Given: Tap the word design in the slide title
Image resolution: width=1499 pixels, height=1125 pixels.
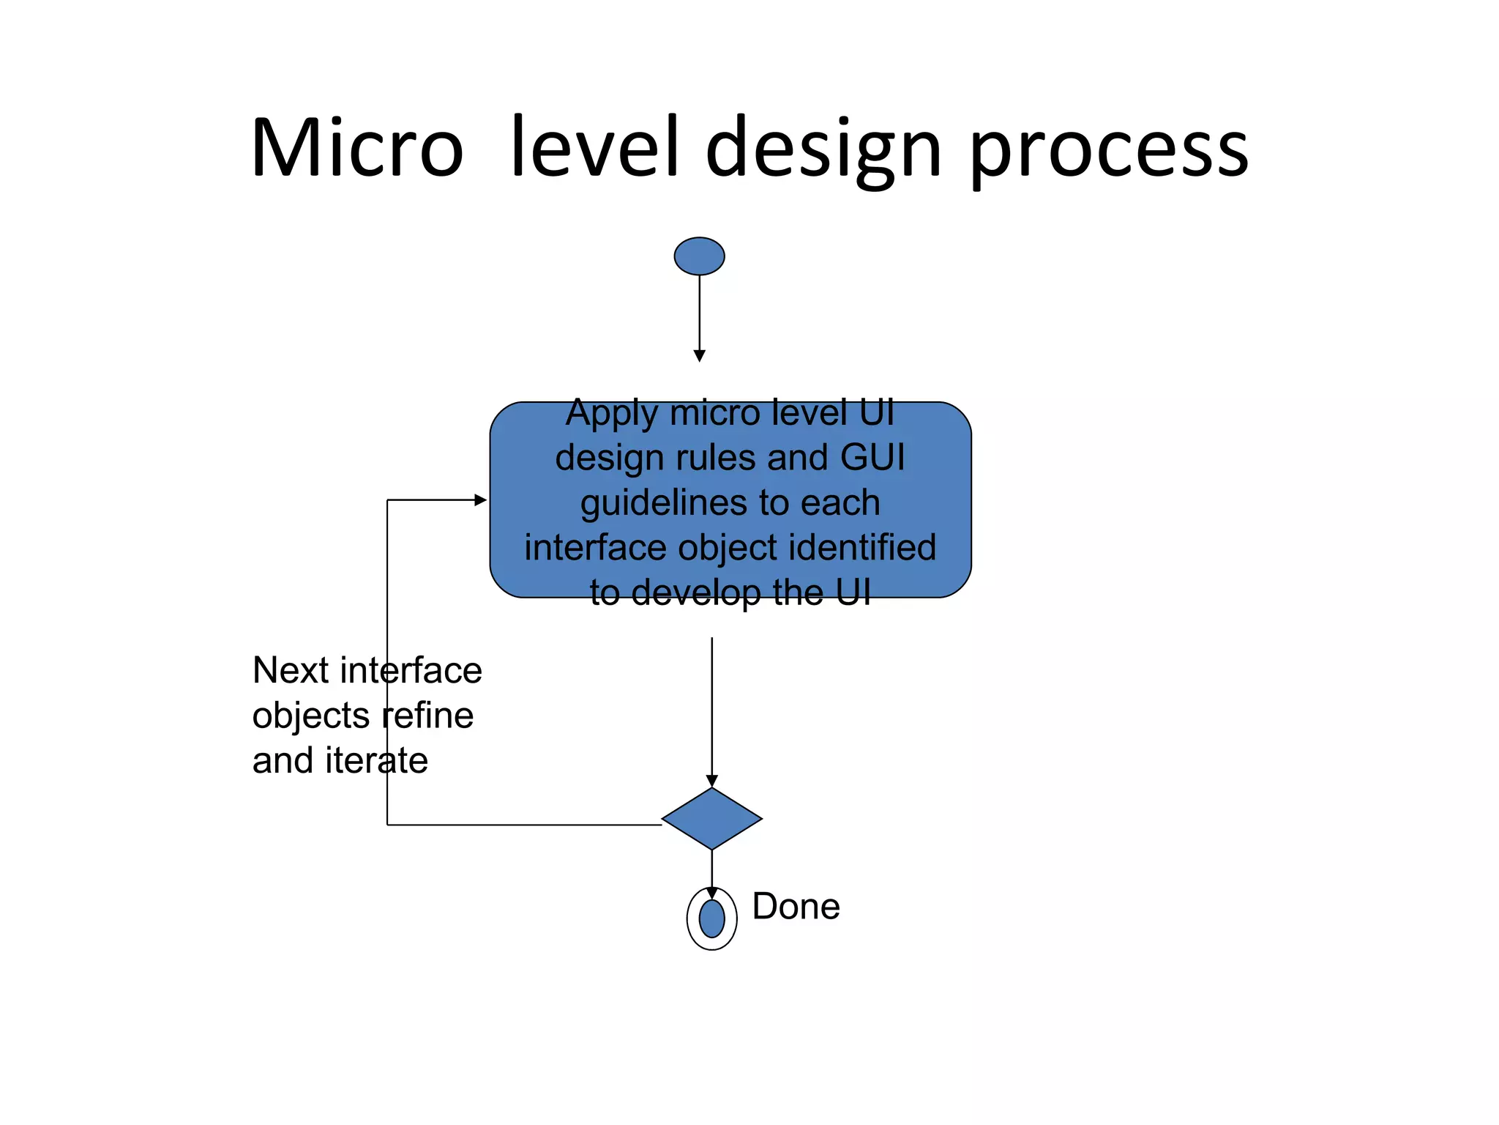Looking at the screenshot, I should [823, 149].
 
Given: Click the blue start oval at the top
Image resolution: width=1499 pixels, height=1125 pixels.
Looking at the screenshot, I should [699, 256].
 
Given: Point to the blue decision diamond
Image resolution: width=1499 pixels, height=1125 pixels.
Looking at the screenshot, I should [711, 819].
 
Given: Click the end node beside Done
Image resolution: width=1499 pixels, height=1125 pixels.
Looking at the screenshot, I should [711, 918].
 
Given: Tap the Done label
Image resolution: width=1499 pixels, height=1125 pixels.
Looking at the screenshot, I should [796, 907].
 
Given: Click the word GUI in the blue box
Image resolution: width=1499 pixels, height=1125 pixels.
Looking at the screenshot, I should [872, 458].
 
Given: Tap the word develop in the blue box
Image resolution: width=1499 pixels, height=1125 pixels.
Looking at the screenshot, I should [696, 593].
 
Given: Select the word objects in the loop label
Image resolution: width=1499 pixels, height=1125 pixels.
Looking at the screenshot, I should [311, 716].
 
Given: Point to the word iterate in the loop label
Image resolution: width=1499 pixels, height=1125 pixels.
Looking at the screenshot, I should [376, 761].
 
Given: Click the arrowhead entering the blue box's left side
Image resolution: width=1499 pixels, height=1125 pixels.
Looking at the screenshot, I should [481, 500].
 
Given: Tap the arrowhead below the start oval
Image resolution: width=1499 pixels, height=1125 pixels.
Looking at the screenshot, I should [699, 356].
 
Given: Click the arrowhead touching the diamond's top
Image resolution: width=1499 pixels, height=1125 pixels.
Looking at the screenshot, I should [711, 781].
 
